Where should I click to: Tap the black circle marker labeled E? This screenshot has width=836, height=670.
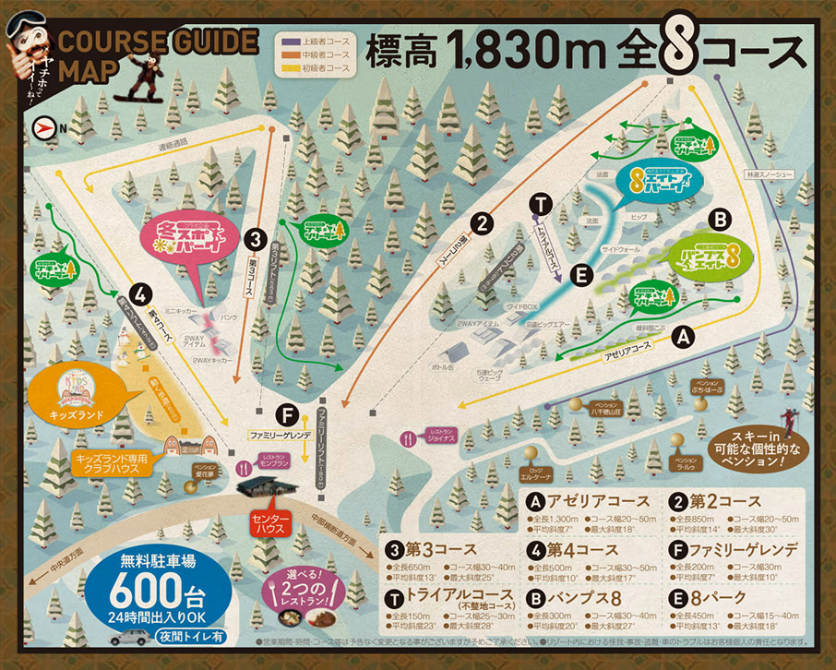(580, 274)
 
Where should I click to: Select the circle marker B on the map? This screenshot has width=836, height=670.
(721, 220)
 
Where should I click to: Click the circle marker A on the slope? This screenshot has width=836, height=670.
(682, 338)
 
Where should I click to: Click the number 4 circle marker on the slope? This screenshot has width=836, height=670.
(140, 295)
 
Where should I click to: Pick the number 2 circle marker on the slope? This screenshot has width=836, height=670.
(481, 221)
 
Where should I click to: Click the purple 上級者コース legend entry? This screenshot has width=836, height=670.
(317, 41)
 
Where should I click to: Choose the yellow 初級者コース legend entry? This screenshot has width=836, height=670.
(317, 68)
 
